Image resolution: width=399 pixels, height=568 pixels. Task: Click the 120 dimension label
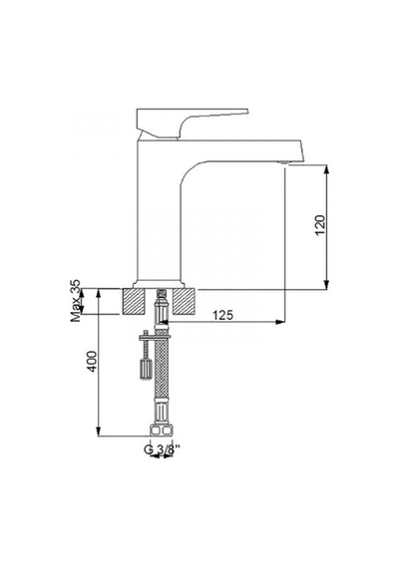320,225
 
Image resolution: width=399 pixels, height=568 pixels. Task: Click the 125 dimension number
222,315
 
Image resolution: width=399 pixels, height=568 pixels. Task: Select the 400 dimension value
92,361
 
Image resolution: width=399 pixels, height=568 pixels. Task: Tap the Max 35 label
76,301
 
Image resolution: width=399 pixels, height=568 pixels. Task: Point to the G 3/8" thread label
162,449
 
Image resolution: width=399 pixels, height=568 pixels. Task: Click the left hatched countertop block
134,301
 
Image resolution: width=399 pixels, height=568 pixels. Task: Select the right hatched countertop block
184,301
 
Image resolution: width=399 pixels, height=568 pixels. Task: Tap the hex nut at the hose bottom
162,429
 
